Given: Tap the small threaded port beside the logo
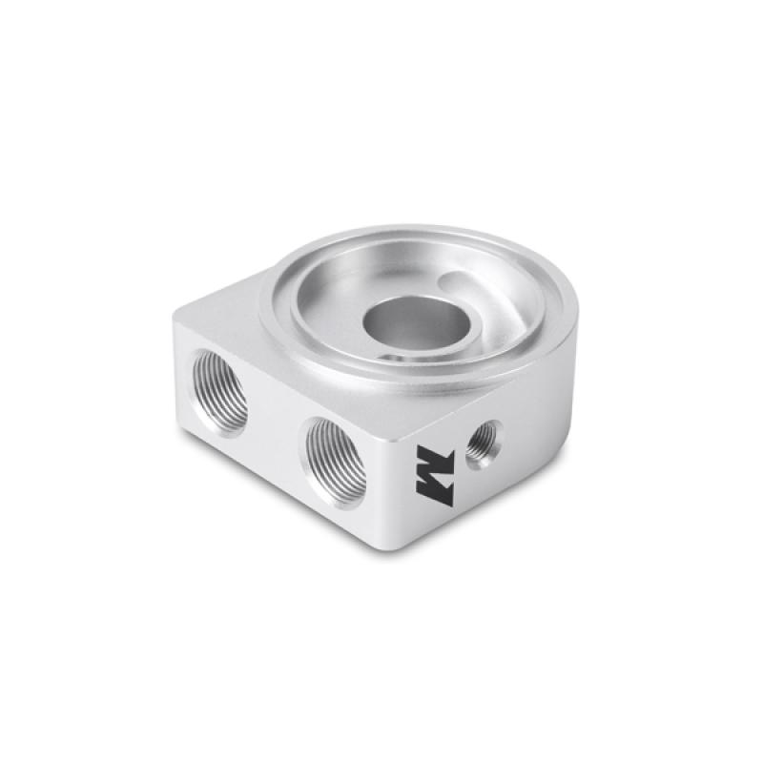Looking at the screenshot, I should point(482,443).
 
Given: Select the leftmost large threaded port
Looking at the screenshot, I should point(218,391).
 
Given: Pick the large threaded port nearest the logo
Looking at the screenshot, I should point(337,459).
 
